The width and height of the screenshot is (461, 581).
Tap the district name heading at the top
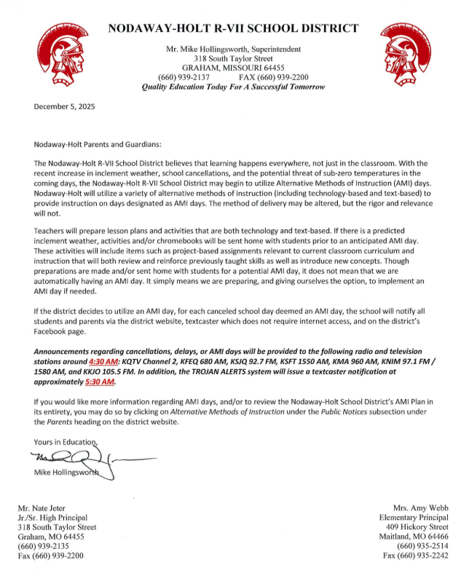[233, 28]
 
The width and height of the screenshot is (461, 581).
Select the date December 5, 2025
[65, 106]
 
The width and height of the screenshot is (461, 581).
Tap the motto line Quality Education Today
[233, 87]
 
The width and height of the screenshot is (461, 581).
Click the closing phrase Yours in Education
[66, 441]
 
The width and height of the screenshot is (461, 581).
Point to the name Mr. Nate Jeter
[42, 507]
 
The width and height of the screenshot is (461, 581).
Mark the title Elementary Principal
[411, 517]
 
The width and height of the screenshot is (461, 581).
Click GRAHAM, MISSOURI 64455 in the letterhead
[233, 67]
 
